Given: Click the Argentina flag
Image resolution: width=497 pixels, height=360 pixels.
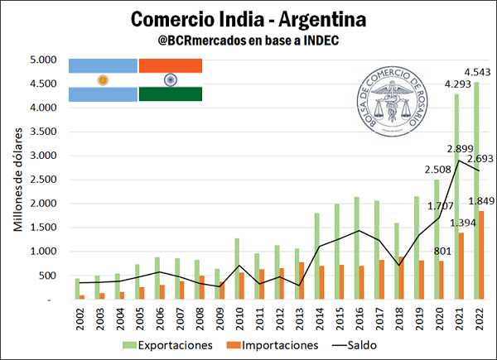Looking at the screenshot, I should (x=103, y=80).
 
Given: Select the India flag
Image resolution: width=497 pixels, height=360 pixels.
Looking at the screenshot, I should (x=170, y=80).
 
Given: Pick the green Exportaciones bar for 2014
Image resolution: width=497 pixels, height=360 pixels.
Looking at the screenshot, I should (x=316, y=256).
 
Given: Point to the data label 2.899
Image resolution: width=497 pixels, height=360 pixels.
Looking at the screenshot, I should (x=460, y=149).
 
